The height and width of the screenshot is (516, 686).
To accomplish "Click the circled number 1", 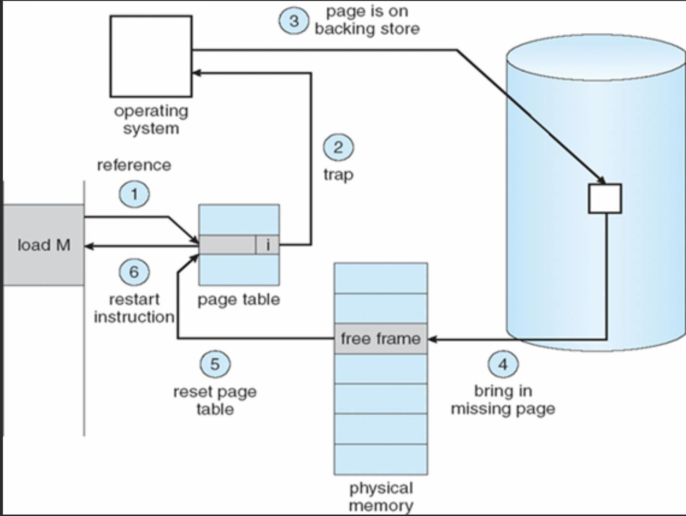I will pos(134,194).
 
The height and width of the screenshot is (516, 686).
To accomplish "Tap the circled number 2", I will pos(338,147).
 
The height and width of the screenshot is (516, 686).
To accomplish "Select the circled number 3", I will pos(294,21).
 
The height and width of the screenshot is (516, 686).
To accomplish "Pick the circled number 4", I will pos(503,364).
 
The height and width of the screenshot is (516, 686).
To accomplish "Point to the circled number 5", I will pos(215,364).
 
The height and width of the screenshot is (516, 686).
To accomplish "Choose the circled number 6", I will pos(134,272).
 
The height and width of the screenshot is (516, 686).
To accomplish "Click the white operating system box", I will pos(151,56).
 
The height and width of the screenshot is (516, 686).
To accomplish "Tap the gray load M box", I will pos(44,245).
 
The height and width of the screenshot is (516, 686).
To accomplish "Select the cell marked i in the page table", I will pos(267,245).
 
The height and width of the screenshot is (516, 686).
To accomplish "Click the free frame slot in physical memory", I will pos(381,339).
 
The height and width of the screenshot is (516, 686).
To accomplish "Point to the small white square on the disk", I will pos(605,198).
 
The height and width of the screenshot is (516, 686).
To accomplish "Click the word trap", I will pos(338,174).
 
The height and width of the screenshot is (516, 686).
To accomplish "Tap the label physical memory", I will pos(381,497).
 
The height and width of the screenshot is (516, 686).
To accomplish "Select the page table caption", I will pos(238,299).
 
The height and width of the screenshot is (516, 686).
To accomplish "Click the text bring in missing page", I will pos(503,400).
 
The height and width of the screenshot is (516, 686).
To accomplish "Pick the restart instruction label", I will pos(134,308).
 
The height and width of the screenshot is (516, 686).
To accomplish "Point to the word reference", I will pos(134,165).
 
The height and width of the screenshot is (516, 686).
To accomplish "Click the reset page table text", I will pos(215,400).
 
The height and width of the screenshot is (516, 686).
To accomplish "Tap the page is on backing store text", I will pos(367,20).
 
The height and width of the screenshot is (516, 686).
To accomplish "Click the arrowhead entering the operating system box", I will pos(196,73).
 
